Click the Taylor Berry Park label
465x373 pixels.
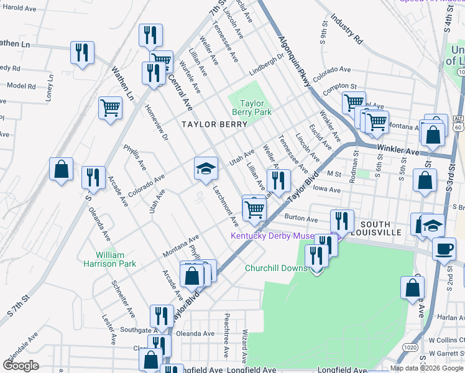[252, 108]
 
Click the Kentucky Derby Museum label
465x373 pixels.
[280, 236]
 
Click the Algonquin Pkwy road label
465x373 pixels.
[294, 62]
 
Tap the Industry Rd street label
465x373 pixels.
[347, 29]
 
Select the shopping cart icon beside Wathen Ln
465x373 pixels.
[110, 107]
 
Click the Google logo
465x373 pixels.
[21, 365]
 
